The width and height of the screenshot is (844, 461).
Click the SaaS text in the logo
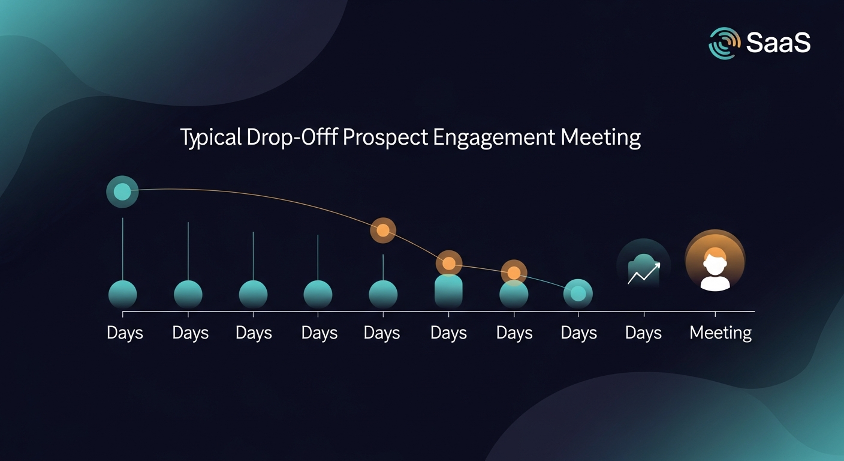[x=778, y=43]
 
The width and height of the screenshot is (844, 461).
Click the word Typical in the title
[x=211, y=138]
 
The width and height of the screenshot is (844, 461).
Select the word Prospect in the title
[x=385, y=138]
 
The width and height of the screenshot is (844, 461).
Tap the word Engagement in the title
[x=494, y=138]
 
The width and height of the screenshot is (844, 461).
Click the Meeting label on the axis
[x=721, y=333]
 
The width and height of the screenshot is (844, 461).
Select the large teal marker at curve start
[x=122, y=191]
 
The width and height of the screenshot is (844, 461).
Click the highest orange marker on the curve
[x=383, y=230]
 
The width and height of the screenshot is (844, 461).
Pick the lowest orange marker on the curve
[x=514, y=273]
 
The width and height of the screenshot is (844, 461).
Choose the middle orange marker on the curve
[x=448, y=264]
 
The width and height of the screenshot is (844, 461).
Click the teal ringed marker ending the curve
[x=578, y=294]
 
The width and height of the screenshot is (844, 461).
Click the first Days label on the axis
[x=125, y=333]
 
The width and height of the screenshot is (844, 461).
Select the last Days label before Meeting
[x=643, y=333]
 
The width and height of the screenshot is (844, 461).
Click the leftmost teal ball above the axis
[x=123, y=295]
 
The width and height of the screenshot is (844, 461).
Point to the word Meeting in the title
[x=601, y=138]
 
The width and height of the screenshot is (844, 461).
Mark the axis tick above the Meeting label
[x=715, y=314]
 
